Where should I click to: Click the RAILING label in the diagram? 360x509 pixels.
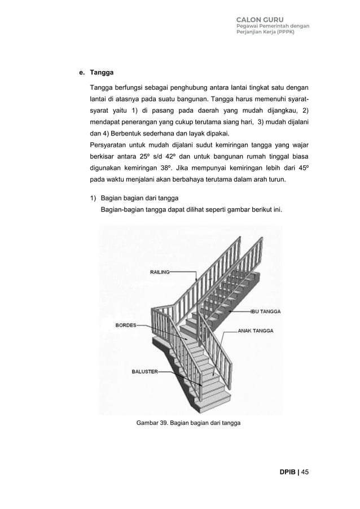160,272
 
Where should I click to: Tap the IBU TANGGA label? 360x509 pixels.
266,311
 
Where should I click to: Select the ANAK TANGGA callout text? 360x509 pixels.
256,331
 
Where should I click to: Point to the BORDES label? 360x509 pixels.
125,325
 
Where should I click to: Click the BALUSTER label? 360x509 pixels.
144,372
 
